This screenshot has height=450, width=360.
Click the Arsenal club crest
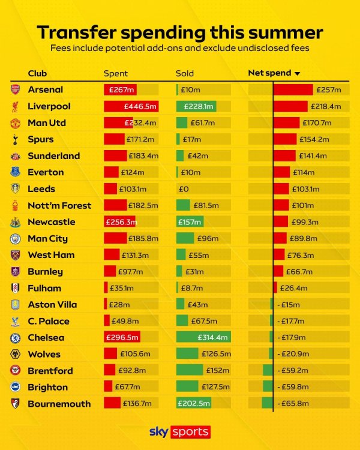coord(15,89)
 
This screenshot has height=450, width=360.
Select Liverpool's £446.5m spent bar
coord(131,106)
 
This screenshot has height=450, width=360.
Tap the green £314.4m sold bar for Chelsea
coord(203,337)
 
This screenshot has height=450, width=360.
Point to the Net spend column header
coord(269,73)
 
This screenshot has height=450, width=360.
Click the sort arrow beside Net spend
coord(297,74)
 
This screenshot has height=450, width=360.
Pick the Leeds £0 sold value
coord(183,189)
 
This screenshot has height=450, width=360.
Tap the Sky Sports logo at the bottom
coord(179,432)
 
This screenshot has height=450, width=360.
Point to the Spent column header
coord(116,74)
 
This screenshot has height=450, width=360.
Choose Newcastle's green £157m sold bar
coord(190,222)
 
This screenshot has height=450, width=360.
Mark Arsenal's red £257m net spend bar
coord(293,89)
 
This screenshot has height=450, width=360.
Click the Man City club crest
coord(15,238)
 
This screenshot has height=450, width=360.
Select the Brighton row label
coord(47,387)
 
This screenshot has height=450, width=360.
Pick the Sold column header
coord(185,74)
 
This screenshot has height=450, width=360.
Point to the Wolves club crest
coord(15,354)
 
